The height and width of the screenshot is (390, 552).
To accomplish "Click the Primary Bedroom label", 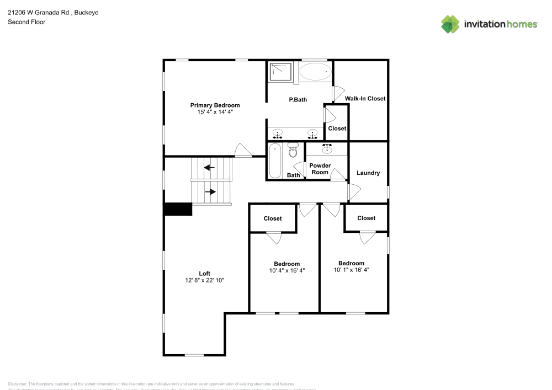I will tap(215, 105).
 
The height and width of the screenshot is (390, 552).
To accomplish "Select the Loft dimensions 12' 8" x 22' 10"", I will tap(205, 280).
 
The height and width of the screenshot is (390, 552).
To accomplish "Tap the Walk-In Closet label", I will tap(365, 99).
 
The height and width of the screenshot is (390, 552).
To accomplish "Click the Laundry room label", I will tap(368, 173).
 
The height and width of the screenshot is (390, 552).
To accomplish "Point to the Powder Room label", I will tap(320, 169).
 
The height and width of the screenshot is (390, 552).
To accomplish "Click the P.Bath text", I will tap(298, 100).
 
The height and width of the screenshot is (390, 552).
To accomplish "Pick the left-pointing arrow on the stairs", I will tap(209, 167).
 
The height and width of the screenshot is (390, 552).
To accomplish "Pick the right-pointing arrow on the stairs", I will tap(210, 192).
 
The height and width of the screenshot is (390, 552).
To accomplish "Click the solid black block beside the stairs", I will tap(177, 209).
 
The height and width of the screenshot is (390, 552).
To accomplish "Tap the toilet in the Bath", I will tap(293, 150).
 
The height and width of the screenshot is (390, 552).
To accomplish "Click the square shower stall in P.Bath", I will tap(281, 72).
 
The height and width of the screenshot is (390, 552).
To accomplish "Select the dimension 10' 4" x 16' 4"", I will tap(286, 271).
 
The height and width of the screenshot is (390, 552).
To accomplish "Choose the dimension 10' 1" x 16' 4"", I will tap(351, 270).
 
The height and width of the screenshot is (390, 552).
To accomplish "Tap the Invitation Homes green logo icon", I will tap(450, 24).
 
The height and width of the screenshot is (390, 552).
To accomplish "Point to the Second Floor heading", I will tap(26, 22).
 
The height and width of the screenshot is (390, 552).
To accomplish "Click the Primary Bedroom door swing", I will tap(242, 151).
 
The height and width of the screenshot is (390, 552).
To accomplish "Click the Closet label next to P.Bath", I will tap(337, 129).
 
